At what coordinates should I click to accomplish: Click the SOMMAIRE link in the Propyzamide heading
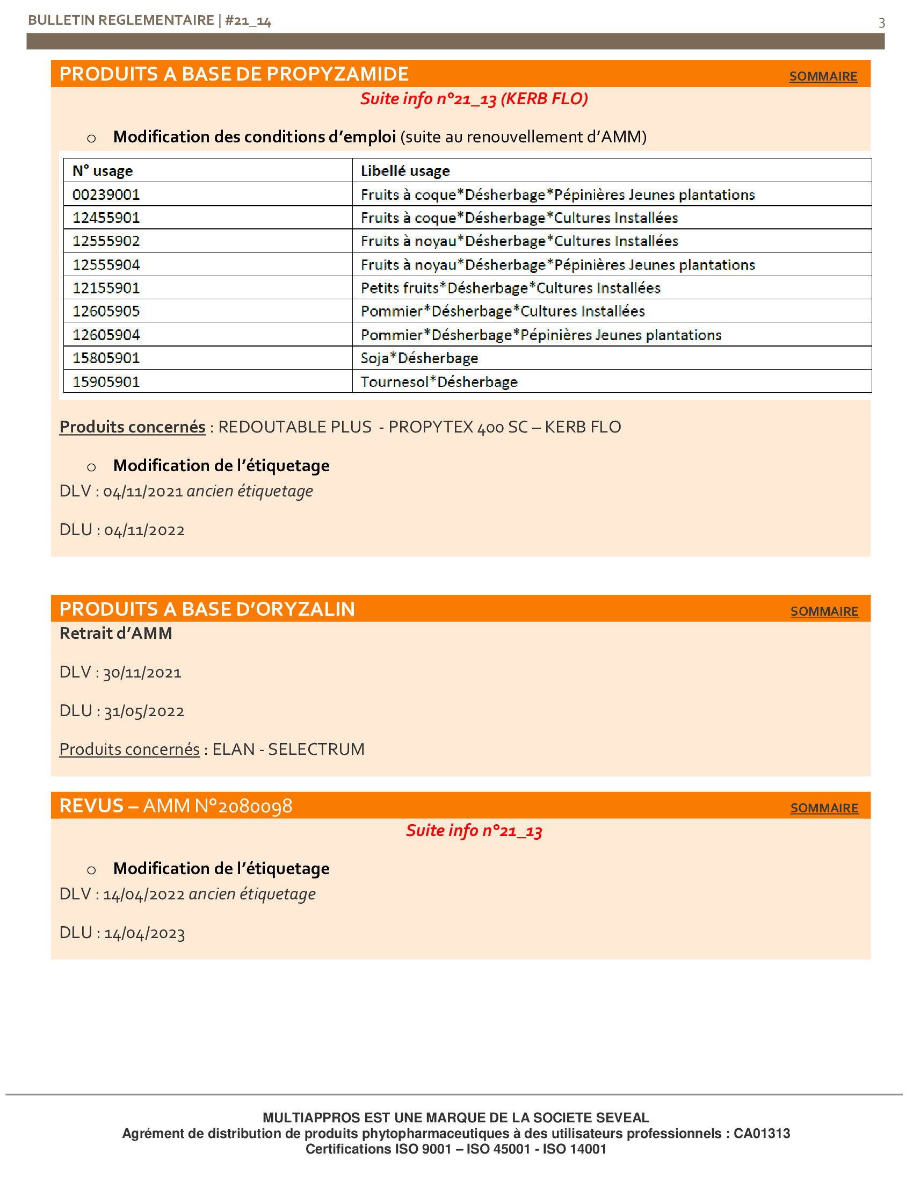click(823, 76)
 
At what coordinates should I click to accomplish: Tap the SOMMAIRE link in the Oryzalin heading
click(824, 611)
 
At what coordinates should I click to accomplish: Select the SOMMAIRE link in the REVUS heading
click(824, 808)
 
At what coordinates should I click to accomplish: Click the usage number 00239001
click(106, 194)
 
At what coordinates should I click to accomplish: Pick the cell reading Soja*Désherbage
click(419, 358)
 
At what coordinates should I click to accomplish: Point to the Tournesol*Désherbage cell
click(439, 382)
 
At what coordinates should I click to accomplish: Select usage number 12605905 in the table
click(106, 311)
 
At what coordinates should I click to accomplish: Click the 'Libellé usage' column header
click(405, 171)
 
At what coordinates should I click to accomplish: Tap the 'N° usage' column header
click(102, 171)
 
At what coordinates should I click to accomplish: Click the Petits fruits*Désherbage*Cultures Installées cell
click(510, 288)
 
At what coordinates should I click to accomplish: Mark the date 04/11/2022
click(144, 530)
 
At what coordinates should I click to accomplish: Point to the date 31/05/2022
click(144, 711)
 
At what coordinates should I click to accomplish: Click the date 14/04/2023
click(144, 933)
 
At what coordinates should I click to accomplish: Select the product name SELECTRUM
click(316, 749)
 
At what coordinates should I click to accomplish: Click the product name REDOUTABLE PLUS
click(295, 427)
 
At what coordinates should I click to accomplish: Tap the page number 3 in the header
click(881, 23)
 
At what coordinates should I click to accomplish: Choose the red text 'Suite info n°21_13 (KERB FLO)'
click(474, 99)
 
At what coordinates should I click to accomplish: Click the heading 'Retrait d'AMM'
click(116, 633)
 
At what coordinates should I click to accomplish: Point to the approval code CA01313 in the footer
click(762, 1133)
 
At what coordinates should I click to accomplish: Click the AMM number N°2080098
click(243, 806)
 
